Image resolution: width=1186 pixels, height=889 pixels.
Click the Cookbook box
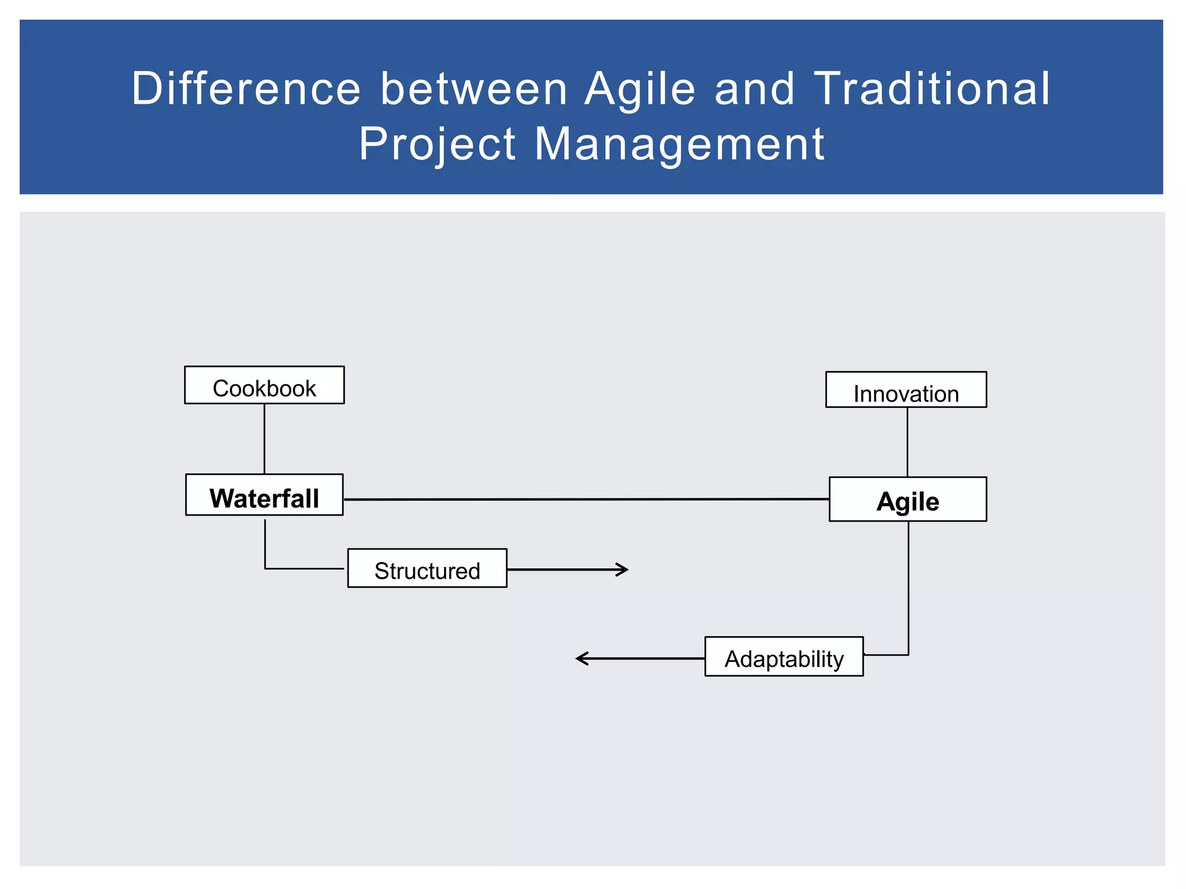[x=264, y=385]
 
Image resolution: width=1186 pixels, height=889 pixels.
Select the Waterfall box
[x=264, y=495]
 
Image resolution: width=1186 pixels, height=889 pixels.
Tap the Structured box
[x=427, y=568]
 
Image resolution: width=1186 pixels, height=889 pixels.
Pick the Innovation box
[x=906, y=390]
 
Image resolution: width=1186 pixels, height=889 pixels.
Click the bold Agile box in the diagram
[x=907, y=499]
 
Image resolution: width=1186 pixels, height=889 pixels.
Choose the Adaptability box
[x=784, y=657]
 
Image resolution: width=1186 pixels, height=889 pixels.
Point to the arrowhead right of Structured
[x=623, y=570]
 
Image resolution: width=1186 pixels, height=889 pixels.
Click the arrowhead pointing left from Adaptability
[x=581, y=659]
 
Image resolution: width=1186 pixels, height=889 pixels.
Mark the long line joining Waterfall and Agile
[x=585, y=499]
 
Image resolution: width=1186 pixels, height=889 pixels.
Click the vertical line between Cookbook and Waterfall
[x=265, y=439]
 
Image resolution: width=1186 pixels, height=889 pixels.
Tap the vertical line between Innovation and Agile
[x=907, y=442]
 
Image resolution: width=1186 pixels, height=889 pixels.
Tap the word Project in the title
[x=437, y=144]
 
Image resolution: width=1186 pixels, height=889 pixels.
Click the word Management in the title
[x=679, y=144]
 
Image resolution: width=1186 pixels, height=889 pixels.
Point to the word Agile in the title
[x=639, y=90]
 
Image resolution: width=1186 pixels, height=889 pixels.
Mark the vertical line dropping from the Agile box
[x=909, y=587]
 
